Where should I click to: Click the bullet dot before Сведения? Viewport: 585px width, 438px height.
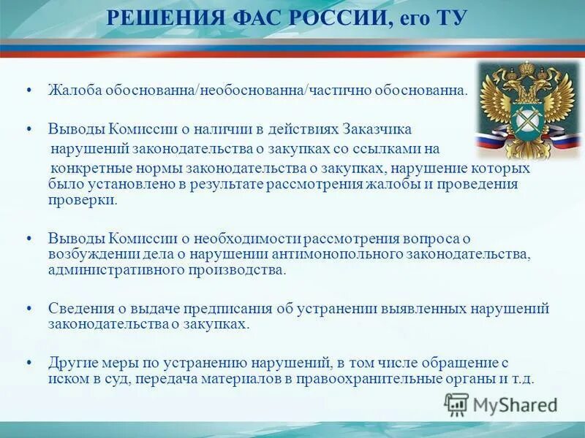click(28, 308)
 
